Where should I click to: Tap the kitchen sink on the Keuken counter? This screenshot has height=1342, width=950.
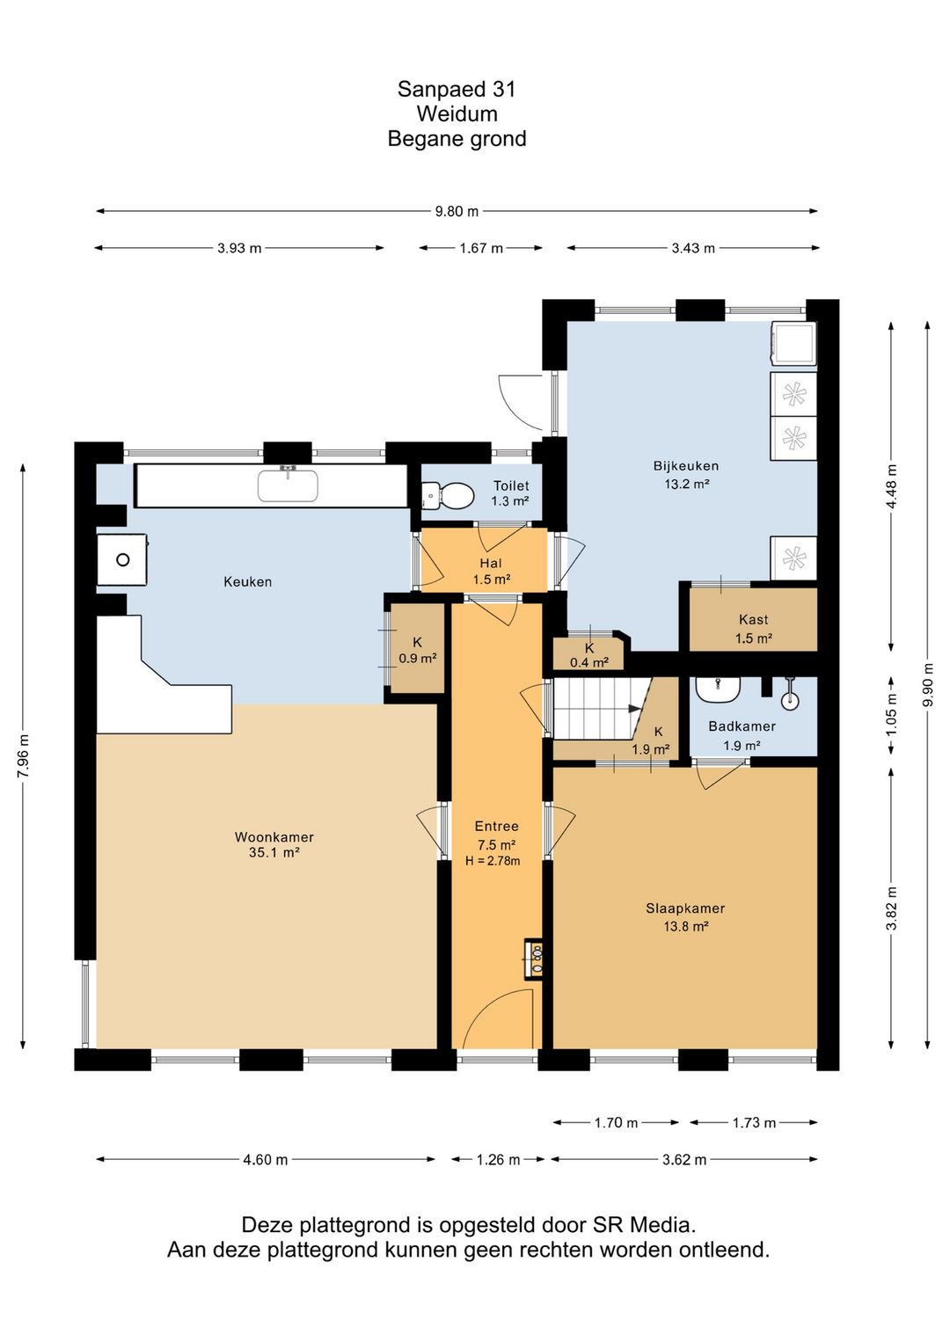[x=289, y=485]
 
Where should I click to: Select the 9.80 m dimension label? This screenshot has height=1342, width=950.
[x=457, y=211]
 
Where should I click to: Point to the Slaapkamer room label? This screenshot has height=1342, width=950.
[x=686, y=908]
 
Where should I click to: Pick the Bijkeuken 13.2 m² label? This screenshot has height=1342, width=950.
[x=686, y=475]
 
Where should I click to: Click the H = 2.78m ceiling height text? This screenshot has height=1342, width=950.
[x=493, y=862]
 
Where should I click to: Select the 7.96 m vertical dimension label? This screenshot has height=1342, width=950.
[x=23, y=755]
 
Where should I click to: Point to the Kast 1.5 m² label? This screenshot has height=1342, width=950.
[x=754, y=629]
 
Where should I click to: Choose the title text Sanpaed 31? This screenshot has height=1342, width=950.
[x=457, y=90]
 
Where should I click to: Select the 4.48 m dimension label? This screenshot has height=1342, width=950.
[x=892, y=485]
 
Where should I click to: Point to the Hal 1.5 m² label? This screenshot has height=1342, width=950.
[x=491, y=571]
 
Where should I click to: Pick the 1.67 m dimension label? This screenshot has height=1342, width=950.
[x=481, y=248]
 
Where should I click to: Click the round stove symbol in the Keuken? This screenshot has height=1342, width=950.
[x=123, y=560]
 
